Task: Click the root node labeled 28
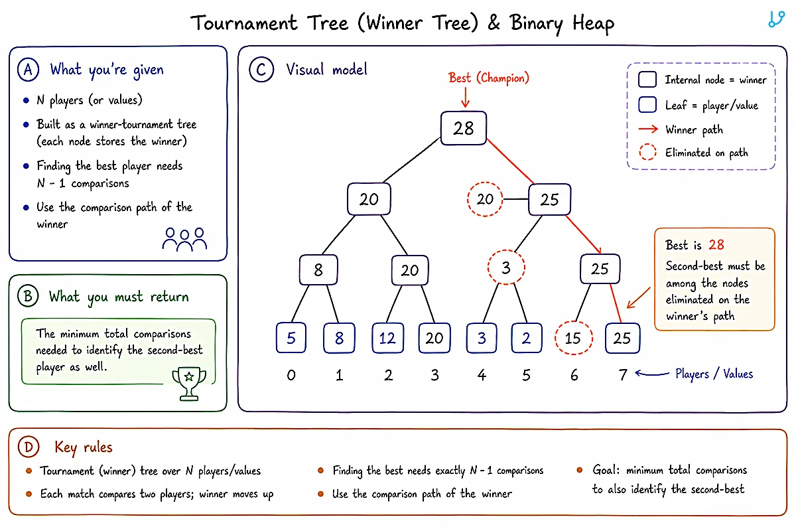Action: [464, 128]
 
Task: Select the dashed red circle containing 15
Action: [574, 338]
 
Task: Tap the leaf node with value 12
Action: [387, 338]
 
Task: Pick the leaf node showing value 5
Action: [291, 338]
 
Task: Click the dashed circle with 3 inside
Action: [506, 267]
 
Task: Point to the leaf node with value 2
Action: [527, 338]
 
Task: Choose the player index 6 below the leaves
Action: [574, 375]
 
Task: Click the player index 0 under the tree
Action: [291, 375]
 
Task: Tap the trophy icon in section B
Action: [189, 384]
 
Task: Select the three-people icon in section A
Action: [185, 240]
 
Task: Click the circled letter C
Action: [261, 69]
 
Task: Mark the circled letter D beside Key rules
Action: [29, 447]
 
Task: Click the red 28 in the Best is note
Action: [716, 245]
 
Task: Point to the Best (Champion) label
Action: [489, 78]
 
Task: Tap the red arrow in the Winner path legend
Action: [648, 129]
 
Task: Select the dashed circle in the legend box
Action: [647, 152]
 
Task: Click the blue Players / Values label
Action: [714, 374]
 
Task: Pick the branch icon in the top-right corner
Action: [776, 19]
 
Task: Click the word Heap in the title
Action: [593, 23]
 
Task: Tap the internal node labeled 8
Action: [318, 270]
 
